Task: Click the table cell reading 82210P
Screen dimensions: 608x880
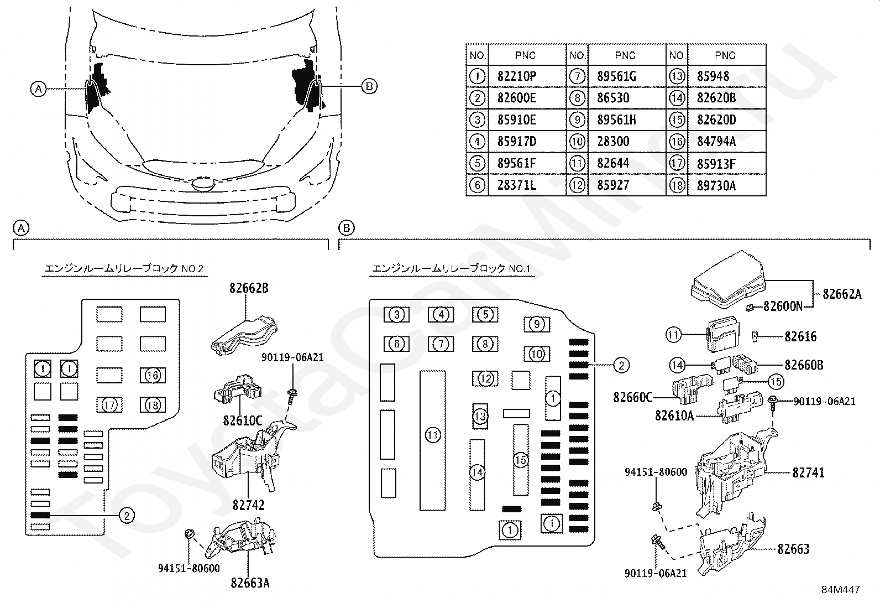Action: coord(516,76)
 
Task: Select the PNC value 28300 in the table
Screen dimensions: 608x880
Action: coord(613,142)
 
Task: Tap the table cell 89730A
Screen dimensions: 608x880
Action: coord(716,185)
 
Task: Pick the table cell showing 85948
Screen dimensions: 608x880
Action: coord(713,76)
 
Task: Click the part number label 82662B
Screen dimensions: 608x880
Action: coord(249,288)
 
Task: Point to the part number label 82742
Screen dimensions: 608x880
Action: coord(248,505)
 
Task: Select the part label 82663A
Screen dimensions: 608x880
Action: coord(250,583)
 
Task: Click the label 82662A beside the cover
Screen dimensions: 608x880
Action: coord(842,294)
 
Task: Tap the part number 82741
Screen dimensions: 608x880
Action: coord(808,472)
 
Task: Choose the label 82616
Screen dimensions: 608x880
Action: coord(800,336)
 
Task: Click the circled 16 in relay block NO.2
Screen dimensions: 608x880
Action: coord(153,376)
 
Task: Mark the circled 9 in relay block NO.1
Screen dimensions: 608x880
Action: coord(537,324)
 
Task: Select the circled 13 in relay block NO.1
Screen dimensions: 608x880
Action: coord(480,415)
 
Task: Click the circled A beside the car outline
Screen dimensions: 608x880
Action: coord(38,88)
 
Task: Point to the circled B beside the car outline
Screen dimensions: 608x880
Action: coord(369,86)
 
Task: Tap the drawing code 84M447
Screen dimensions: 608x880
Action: coord(840,590)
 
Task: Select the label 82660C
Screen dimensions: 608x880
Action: coord(633,397)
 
